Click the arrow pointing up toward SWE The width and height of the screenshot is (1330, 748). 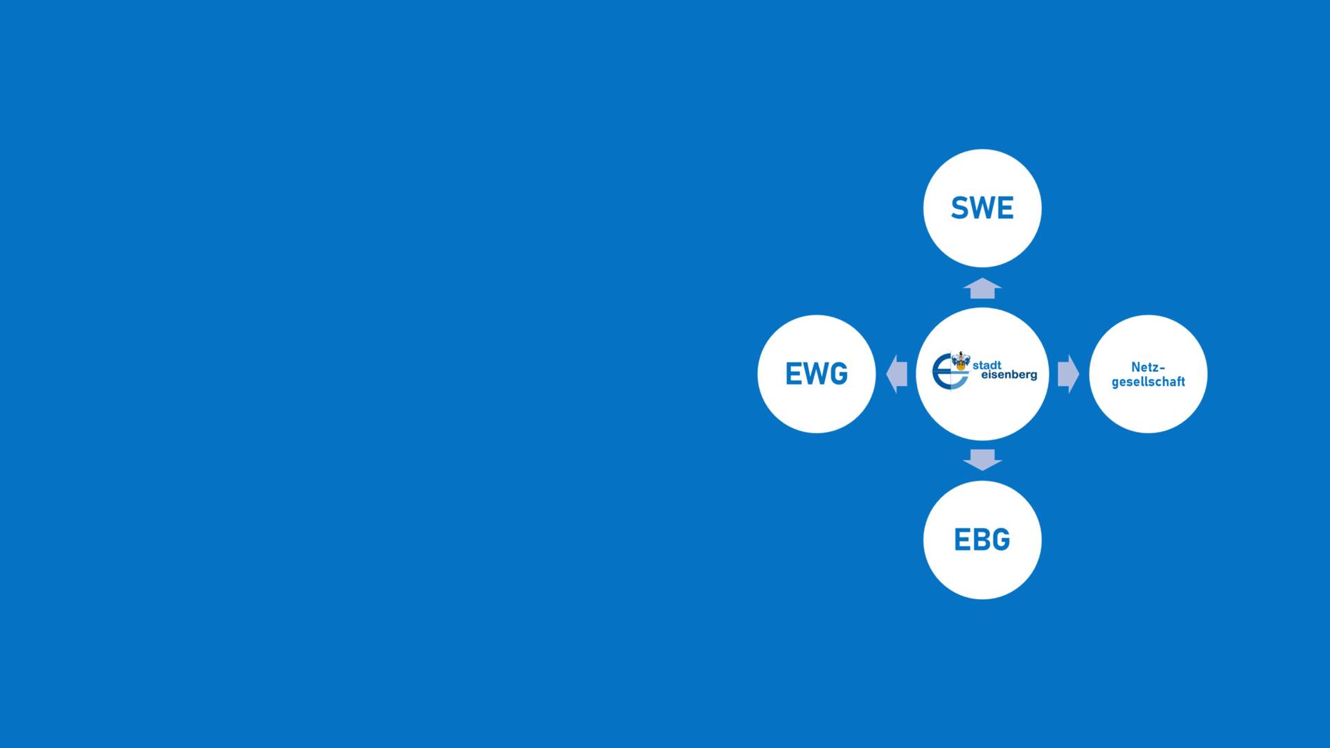[982, 288]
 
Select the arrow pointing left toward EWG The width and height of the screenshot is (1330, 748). [897, 374]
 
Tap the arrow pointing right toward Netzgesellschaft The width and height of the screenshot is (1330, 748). [1068, 374]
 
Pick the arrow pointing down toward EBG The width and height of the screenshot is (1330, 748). [982, 459]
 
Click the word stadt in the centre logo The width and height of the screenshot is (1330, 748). [987, 365]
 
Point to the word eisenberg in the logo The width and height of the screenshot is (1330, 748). [1009, 375]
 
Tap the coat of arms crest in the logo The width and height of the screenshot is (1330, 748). [961, 361]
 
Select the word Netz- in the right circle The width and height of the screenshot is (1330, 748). [1148, 367]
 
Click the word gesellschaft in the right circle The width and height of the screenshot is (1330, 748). [1148, 382]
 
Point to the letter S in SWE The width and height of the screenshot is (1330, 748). [960, 208]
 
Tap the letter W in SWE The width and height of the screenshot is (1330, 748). [982, 208]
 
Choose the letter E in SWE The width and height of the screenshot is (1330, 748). [1005, 208]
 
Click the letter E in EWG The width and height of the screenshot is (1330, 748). [793, 374]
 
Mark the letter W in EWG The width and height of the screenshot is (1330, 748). [815, 374]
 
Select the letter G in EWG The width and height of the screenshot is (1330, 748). [838, 374]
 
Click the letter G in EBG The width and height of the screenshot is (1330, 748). [1001, 540]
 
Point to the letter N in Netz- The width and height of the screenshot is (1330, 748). [1136, 367]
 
